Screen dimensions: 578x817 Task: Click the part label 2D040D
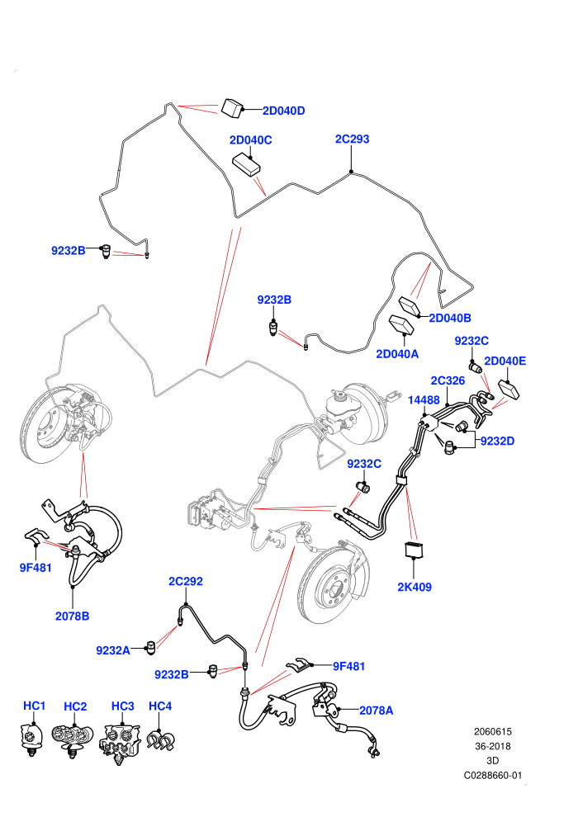tap(283, 111)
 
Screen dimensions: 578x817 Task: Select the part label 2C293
tap(352, 139)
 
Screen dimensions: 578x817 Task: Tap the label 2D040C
tap(251, 140)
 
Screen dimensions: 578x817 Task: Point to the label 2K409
tap(415, 587)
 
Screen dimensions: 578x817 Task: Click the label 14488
tap(424, 399)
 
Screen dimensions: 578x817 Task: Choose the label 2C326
tap(448, 381)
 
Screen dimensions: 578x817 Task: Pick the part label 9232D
tap(497, 441)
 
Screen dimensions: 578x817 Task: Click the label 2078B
tap(73, 616)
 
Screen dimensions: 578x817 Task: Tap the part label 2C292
tap(186, 581)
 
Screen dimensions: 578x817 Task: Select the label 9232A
tap(113, 649)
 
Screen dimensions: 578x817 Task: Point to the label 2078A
tap(377, 711)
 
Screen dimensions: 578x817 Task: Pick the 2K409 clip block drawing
tap(414, 549)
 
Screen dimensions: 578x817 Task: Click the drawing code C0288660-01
tap(492, 775)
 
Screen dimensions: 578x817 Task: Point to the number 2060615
tap(492, 731)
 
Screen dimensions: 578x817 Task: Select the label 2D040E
tap(505, 361)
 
